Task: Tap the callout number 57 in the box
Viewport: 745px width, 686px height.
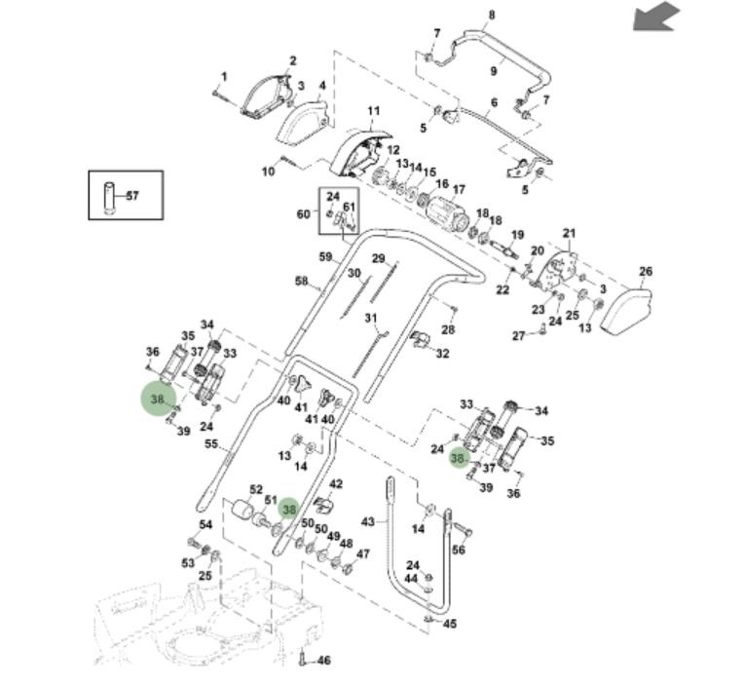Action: [132, 196]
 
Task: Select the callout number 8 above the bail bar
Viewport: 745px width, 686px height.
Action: [492, 15]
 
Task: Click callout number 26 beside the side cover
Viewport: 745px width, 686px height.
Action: [645, 272]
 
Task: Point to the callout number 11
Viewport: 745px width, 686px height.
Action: [373, 112]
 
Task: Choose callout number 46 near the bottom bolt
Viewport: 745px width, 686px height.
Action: [323, 660]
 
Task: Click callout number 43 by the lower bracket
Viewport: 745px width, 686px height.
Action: [367, 522]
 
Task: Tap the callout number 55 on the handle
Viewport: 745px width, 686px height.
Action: [210, 444]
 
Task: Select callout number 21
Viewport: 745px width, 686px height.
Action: [569, 234]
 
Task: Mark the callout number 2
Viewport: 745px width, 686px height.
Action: [293, 61]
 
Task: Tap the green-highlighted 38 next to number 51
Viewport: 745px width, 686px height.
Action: [288, 510]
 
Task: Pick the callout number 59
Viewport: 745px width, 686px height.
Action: [326, 257]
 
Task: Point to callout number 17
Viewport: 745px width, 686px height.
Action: [459, 190]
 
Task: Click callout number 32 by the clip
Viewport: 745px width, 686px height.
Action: [442, 353]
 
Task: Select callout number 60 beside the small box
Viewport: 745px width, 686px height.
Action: [303, 214]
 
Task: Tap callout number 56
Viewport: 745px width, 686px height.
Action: [459, 551]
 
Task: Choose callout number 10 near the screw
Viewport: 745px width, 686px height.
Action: [268, 172]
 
